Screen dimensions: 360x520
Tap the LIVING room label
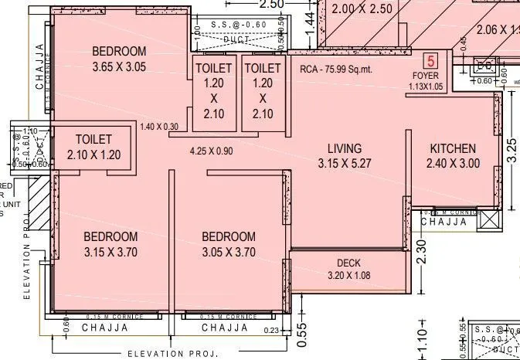point(345,148)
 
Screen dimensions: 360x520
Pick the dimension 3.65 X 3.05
point(119,66)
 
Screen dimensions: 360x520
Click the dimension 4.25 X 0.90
point(211,151)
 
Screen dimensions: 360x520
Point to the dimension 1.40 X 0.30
point(158,126)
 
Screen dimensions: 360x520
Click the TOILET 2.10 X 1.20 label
point(94,146)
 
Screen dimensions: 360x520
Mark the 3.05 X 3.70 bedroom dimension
point(229,252)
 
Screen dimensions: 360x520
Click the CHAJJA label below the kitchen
point(447,222)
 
